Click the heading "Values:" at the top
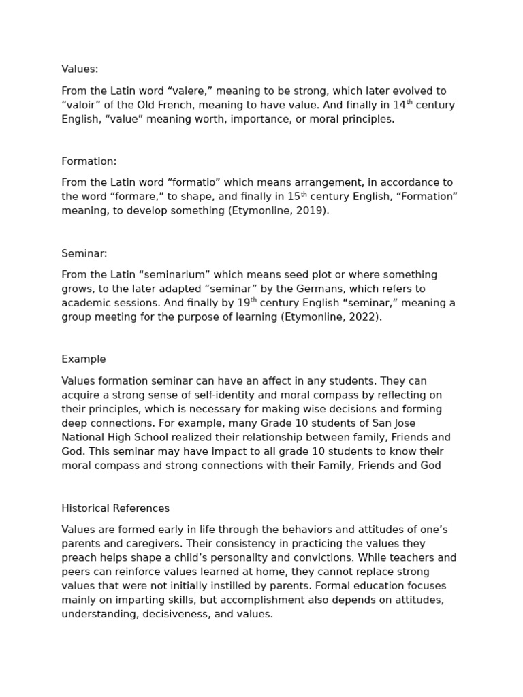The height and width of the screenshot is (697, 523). pos(80,69)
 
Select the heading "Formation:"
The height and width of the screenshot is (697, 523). pos(89,161)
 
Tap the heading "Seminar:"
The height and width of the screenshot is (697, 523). pos(84,253)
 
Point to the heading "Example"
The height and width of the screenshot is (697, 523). pos(83,359)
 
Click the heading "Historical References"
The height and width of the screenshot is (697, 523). pos(115,508)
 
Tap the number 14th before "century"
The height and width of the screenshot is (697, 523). pos(402,104)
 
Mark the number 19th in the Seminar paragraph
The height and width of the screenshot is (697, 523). pos(247,302)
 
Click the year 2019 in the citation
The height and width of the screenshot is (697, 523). pos(311,210)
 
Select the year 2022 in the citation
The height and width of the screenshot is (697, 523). pos(364,317)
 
